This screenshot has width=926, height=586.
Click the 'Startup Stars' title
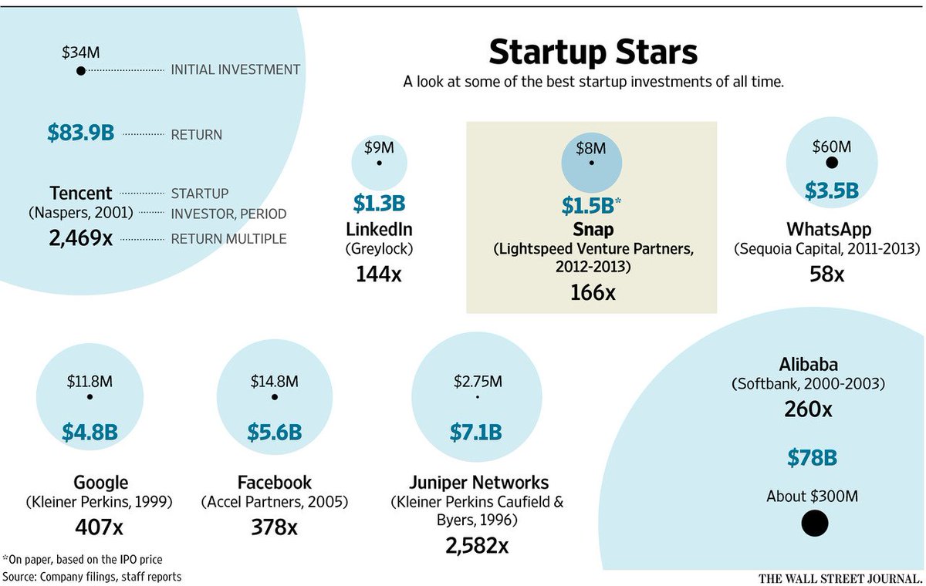593,52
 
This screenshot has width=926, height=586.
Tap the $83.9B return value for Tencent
80,133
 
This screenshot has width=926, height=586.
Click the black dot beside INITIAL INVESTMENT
80,71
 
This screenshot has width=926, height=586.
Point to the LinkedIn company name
379,229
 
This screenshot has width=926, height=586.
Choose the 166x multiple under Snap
592,292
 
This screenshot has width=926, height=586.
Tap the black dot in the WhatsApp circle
831,163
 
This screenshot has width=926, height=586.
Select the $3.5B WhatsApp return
831,190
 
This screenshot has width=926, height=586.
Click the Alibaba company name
808,364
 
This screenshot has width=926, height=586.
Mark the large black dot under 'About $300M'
814,524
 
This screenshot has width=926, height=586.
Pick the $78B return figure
812,458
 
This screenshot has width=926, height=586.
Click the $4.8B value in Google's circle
90,432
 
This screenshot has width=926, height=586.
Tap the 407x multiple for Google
100,527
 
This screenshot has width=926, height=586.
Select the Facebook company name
274,483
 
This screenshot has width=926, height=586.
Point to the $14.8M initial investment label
274,381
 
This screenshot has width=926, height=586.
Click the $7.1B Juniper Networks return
476,432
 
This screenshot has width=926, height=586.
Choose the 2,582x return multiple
476,545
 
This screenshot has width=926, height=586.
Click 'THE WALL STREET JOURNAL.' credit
840,578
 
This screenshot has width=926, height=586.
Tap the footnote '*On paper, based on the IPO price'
83,559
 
